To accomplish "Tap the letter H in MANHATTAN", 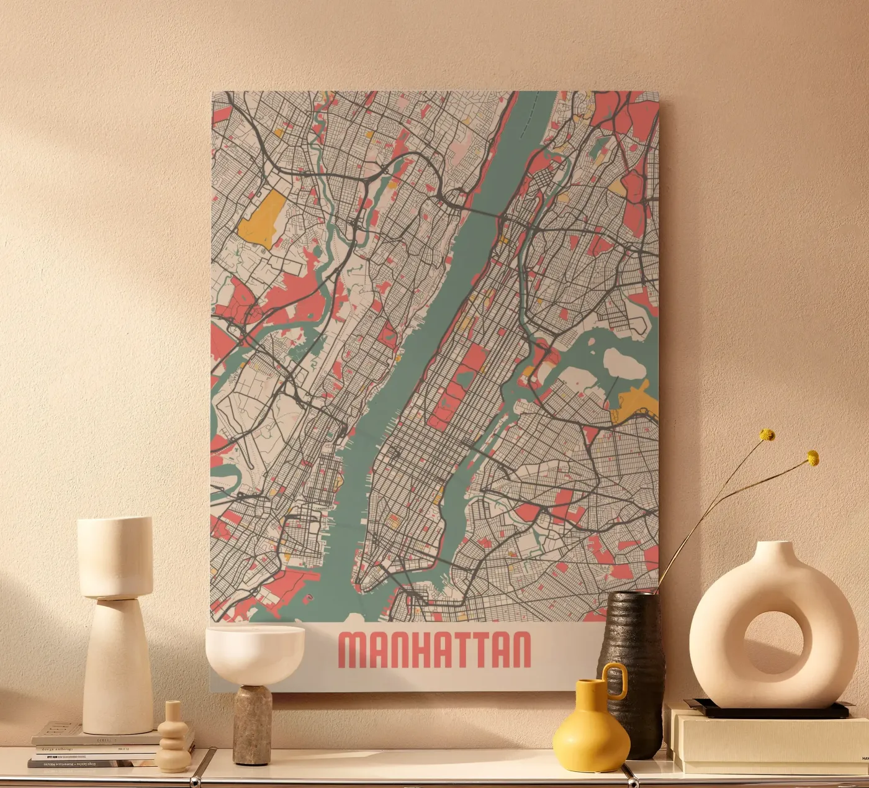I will tap(415, 650).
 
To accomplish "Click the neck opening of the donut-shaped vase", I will tap(775, 546).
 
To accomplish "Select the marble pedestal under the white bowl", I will tap(253, 723).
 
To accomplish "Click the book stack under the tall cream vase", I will tap(93, 748).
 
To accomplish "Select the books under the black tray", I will tap(770, 742).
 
